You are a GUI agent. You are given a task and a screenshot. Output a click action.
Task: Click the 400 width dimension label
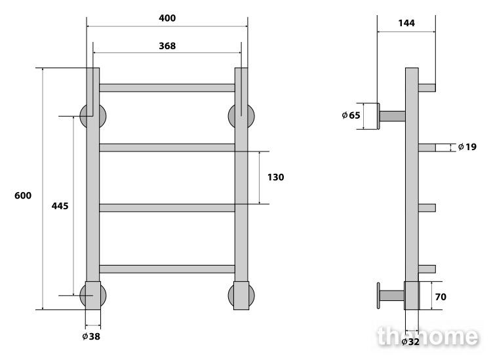pyautogui.click(x=167, y=18)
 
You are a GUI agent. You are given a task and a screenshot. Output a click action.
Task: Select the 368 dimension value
pyautogui.click(x=167, y=46)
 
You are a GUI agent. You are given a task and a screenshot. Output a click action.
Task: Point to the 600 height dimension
pyautogui.click(x=23, y=195)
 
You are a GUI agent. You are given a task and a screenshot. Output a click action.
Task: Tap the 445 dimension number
pyautogui.click(x=60, y=206)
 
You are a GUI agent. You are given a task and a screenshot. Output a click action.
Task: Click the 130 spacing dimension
pyautogui.click(x=275, y=177)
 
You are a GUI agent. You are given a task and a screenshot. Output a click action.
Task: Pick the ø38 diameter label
pyautogui.click(x=91, y=336)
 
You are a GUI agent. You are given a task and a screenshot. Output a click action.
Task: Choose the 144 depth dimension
pyautogui.click(x=406, y=23)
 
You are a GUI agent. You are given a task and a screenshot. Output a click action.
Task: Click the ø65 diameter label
pyautogui.click(x=351, y=115)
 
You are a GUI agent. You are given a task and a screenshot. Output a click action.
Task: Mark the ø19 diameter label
pyautogui.click(x=467, y=147)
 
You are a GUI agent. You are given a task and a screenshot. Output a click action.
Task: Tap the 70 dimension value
pyautogui.click(x=441, y=296)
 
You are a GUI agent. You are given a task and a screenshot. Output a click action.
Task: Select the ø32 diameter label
pyautogui.click(x=410, y=342)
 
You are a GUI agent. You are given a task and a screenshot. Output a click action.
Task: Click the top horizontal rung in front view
pyautogui.click(x=167, y=88)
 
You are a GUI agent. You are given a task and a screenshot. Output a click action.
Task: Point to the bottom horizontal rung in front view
pyautogui.click(x=167, y=269)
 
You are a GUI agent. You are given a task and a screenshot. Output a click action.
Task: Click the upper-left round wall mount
pyautogui.click(x=83, y=116)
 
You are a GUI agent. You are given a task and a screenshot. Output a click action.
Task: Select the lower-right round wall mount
pyautogui.click(x=231, y=296)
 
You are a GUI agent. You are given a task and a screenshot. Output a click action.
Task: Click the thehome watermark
pyautogui.click(x=428, y=336)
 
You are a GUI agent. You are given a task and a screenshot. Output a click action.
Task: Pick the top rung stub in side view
pyautogui.click(x=427, y=88)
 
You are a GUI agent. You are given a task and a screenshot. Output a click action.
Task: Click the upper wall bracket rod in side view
pyautogui.click(x=393, y=116)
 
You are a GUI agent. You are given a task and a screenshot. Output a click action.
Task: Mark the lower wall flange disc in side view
pyautogui.click(x=378, y=296)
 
